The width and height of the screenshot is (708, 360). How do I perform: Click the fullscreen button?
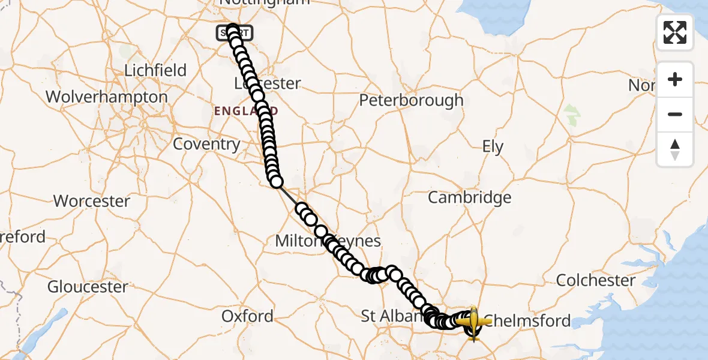point(675,32)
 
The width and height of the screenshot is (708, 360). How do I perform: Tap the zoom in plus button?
point(675,79)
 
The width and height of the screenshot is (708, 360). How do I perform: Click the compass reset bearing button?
point(675,149)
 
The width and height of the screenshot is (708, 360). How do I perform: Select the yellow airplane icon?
point(473,322)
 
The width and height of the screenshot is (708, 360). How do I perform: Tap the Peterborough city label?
point(411,100)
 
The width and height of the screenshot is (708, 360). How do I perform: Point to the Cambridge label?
point(469,197)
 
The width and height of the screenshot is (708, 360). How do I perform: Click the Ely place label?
point(493,147)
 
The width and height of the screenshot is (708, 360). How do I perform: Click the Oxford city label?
point(247,316)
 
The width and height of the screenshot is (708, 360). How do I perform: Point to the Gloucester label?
point(88,287)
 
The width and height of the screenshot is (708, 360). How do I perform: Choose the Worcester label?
point(92,201)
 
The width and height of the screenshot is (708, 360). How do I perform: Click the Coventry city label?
point(206,144)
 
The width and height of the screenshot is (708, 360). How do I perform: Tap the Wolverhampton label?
point(106,97)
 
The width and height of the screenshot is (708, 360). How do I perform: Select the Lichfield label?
point(155,70)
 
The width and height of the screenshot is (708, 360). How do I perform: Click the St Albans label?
point(387,316)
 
